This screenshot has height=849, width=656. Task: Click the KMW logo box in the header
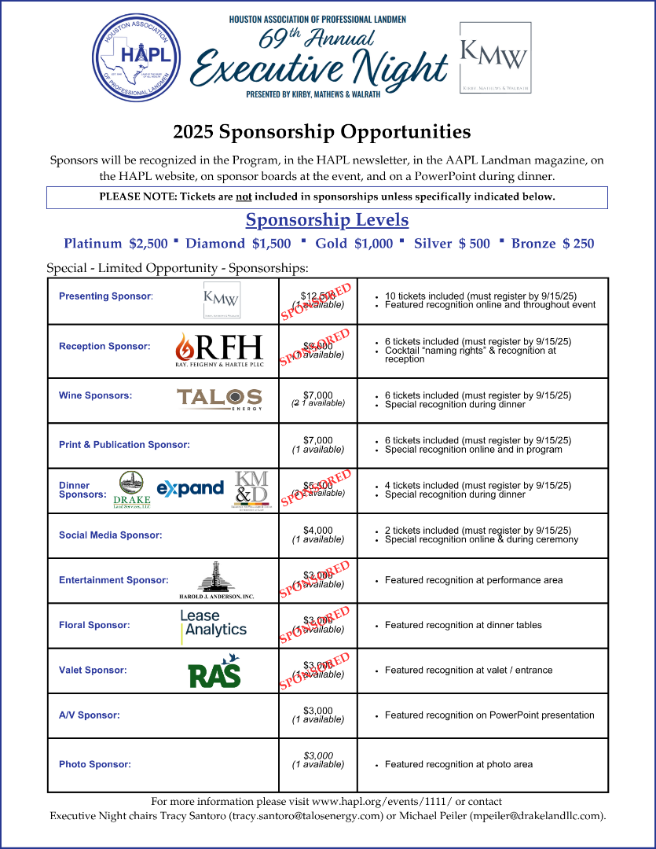494,58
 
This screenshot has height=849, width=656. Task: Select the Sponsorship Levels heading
327,219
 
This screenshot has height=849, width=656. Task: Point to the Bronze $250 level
552,244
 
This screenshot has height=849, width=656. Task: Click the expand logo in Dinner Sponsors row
190,488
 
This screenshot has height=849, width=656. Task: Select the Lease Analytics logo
213,623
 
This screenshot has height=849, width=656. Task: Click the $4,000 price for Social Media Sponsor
317,531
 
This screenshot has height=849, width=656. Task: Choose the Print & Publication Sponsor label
124,445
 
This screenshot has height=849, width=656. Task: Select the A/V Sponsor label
89,715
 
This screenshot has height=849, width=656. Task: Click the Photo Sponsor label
94,764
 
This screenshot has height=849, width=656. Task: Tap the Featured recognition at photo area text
458,764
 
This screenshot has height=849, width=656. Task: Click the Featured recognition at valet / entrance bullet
468,671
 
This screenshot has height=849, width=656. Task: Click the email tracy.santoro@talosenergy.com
306,816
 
